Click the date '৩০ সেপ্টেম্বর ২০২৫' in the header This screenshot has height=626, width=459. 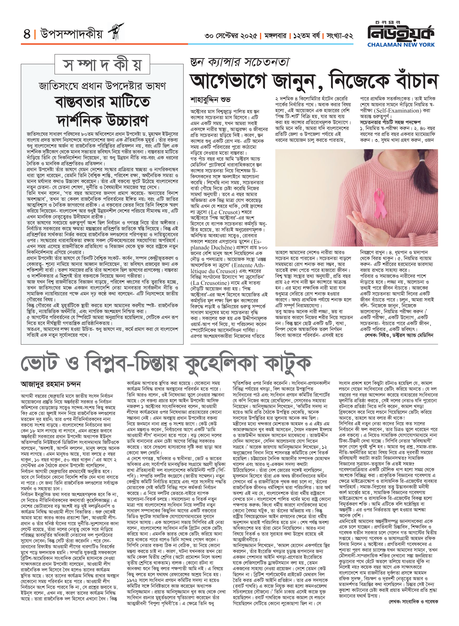[231, 36]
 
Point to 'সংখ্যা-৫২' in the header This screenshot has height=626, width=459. [340, 36]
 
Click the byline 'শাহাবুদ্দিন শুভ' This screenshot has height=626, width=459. [210, 99]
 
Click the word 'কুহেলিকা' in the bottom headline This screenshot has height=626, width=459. [220, 362]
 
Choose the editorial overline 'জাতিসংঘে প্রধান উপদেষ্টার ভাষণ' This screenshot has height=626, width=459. [102, 86]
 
